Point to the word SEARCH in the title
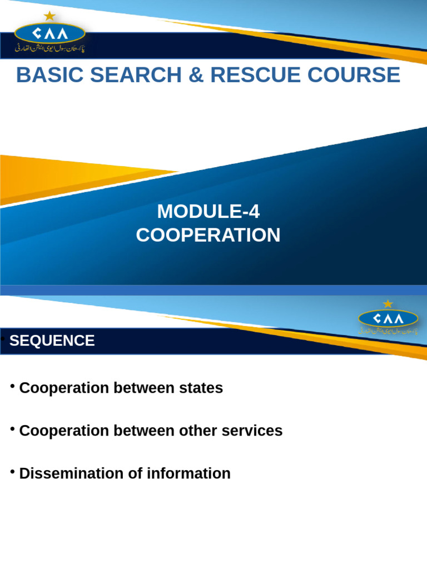[x=136, y=75]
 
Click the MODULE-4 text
[x=208, y=212]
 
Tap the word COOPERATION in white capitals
[x=208, y=235]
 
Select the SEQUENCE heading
[x=52, y=341]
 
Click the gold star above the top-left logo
[x=49, y=16]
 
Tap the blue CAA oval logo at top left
[x=49, y=33]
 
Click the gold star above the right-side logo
[x=388, y=303]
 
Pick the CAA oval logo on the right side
[x=388, y=318]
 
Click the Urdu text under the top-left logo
[x=49, y=49]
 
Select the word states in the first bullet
[x=202, y=388]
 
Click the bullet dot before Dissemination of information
[x=12, y=472]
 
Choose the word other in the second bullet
[x=197, y=431]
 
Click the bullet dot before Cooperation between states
[x=12, y=386]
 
